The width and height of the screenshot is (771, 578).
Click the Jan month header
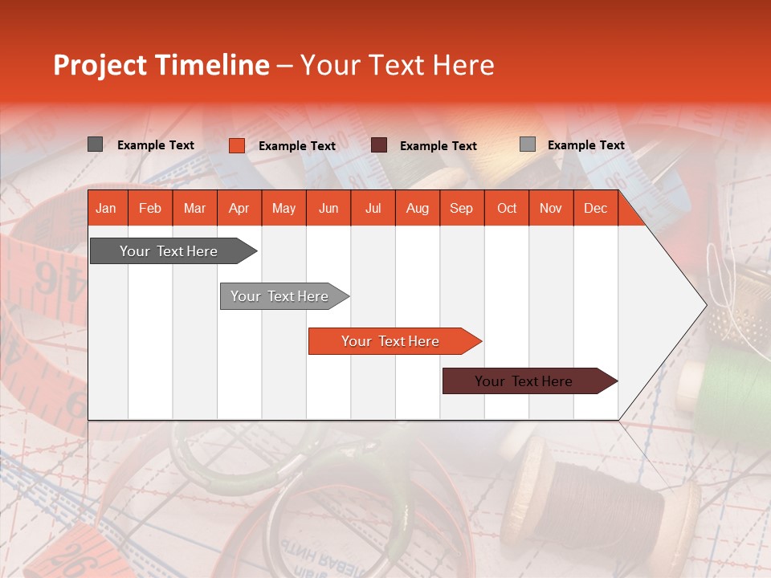(106, 209)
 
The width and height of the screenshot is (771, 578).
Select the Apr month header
(239, 209)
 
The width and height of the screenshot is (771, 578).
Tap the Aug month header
(417, 209)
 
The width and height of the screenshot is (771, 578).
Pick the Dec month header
(595, 209)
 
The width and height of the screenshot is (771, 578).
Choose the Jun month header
(328, 209)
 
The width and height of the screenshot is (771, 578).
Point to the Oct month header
(507, 209)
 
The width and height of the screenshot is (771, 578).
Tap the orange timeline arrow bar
(392, 341)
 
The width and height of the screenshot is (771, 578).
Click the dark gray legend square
(96, 144)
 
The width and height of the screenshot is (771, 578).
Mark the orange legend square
(237, 145)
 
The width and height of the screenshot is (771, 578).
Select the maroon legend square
(379, 145)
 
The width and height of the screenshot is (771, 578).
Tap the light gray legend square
(528, 144)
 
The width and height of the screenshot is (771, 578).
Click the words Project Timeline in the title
(161, 65)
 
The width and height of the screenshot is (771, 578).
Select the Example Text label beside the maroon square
(438, 146)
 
